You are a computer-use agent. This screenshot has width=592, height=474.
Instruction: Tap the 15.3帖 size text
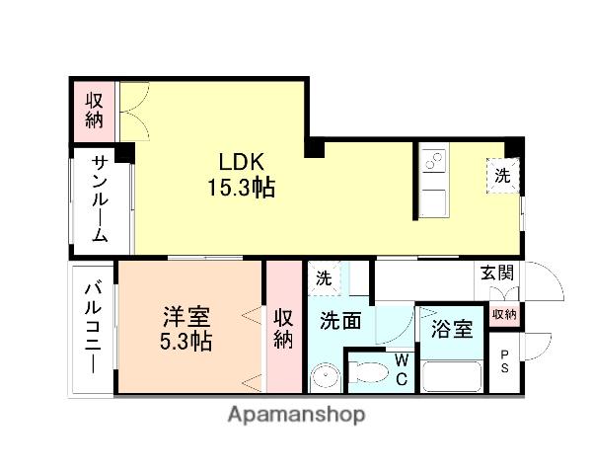(240, 187)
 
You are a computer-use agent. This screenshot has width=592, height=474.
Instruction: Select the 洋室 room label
(187, 318)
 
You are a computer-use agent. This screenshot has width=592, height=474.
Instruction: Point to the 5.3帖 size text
(187, 342)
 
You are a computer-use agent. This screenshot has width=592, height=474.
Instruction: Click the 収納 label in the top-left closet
(94, 110)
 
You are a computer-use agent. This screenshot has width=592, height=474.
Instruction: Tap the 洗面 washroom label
(340, 320)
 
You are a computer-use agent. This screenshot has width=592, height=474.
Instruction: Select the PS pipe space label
(505, 362)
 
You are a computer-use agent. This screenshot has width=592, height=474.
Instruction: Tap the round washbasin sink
(323, 378)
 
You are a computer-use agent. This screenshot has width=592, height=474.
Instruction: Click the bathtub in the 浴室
(451, 376)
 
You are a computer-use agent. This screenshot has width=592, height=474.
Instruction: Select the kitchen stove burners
(432, 161)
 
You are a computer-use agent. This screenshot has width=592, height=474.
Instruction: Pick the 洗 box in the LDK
(502, 177)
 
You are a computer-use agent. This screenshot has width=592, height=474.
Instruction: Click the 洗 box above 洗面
(324, 278)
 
